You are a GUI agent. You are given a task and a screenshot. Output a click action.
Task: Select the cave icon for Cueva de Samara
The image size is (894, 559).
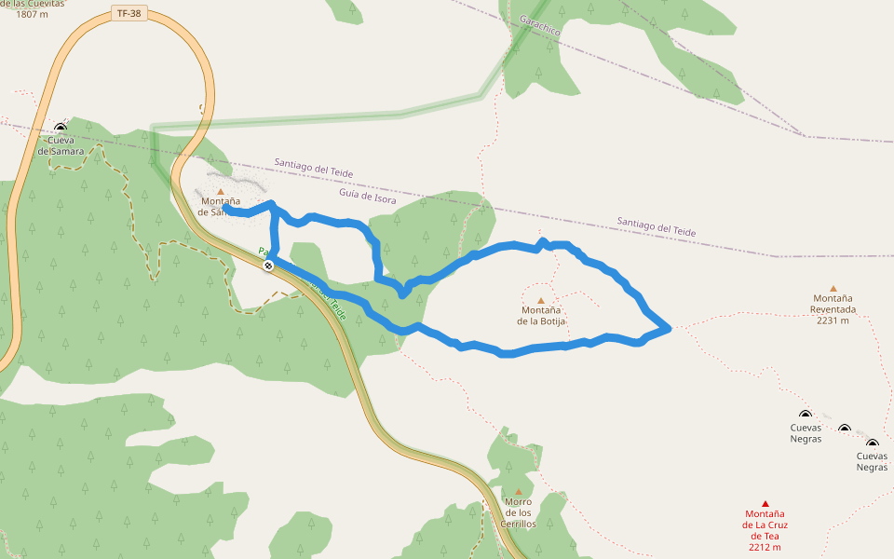click(x=61, y=128)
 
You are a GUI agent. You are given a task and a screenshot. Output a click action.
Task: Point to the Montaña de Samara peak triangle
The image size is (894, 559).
click(x=221, y=191)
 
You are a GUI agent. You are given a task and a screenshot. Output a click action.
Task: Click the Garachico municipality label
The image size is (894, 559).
click(x=540, y=25)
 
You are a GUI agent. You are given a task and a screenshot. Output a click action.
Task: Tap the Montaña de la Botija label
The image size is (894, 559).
click(x=541, y=316)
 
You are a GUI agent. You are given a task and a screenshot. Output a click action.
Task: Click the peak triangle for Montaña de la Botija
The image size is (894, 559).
click(x=540, y=300)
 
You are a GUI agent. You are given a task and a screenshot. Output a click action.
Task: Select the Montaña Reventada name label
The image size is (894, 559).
click(x=833, y=304)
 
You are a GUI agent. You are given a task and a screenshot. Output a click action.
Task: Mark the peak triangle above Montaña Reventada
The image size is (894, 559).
click(x=833, y=289)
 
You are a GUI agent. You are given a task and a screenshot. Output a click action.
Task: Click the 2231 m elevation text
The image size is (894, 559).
click(x=833, y=320)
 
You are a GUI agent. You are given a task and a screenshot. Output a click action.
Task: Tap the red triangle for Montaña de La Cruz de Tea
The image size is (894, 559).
click(x=765, y=503)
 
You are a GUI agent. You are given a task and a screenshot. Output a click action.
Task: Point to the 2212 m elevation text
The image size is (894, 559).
click(x=765, y=548)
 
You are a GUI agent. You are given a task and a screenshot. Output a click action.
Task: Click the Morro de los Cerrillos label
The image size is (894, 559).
click(x=518, y=512)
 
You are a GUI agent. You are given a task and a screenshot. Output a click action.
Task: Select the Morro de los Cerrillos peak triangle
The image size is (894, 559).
click(x=518, y=491)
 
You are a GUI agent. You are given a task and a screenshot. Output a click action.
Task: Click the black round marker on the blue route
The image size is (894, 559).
click(x=268, y=266)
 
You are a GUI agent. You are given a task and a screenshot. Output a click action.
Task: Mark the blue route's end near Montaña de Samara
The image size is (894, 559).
click(x=227, y=209)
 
